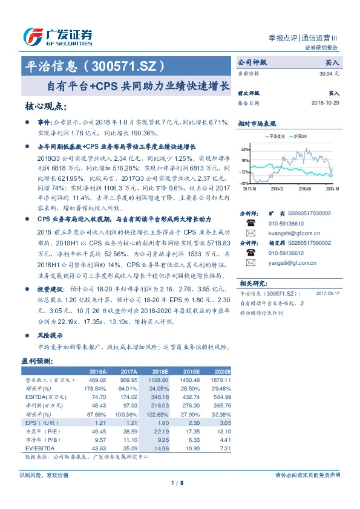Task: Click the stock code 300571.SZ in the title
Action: click(x=126, y=65)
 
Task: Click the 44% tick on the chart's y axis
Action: click(x=245, y=149)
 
